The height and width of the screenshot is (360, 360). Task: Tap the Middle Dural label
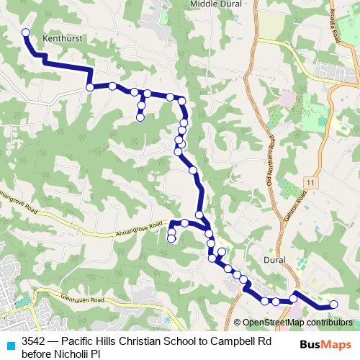pos(215,4)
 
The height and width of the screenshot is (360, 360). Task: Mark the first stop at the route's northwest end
pos(26,32)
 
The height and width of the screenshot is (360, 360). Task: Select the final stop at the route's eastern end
pos(333,305)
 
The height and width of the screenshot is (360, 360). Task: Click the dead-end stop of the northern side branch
pos(140,117)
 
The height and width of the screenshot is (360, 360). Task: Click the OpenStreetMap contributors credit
pos(297,323)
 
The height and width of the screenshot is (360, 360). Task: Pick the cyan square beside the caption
pos(9,344)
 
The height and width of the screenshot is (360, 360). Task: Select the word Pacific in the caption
pos(78,342)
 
